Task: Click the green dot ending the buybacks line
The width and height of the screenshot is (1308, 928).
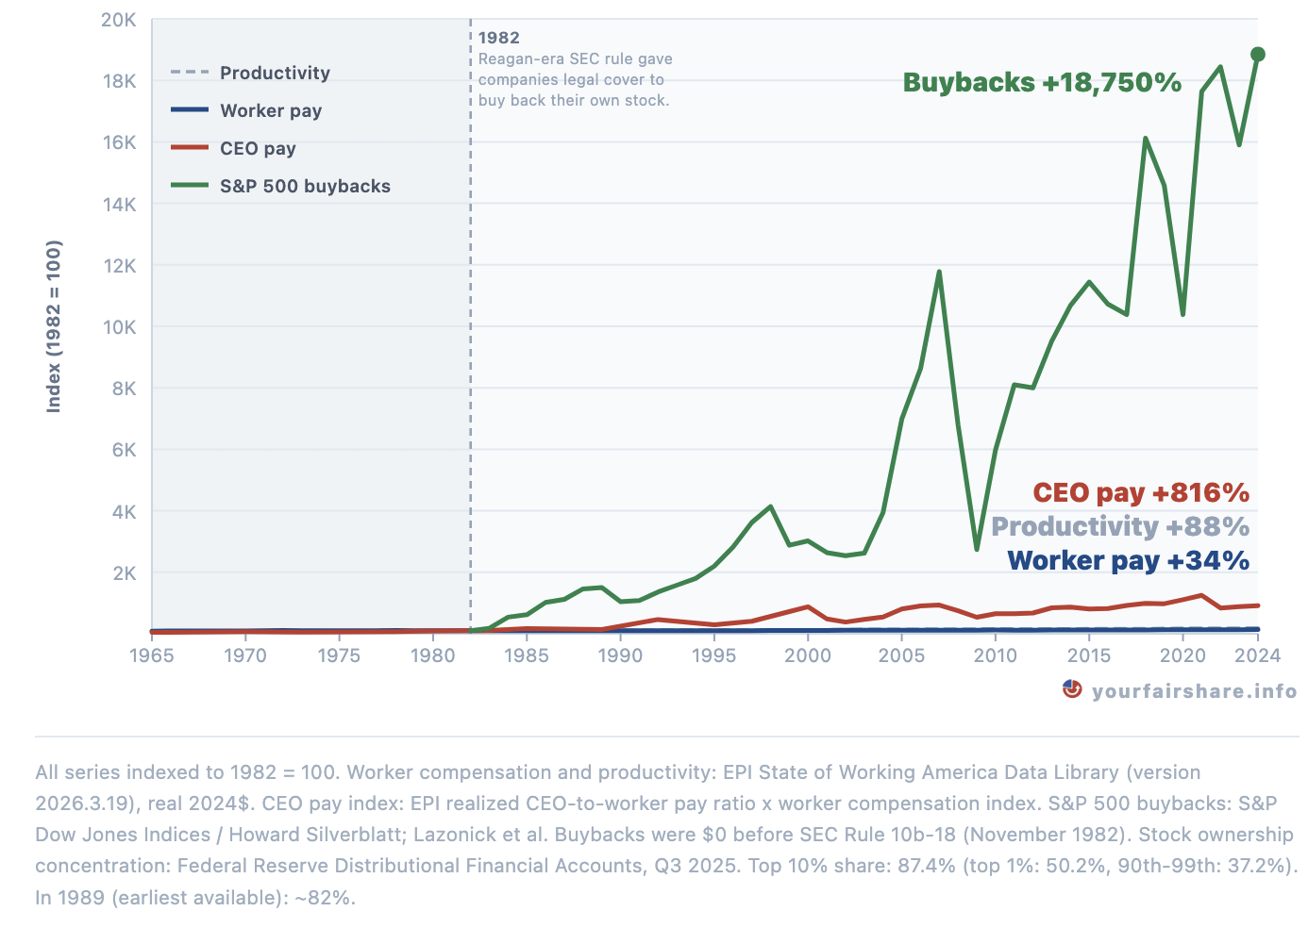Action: click(x=1257, y=55)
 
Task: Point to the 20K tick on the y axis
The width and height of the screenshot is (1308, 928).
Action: click(x=119, y=20)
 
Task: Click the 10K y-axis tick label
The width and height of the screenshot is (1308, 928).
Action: click(x=119, y=327)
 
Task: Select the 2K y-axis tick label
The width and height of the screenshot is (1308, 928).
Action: click(x=124, y=573)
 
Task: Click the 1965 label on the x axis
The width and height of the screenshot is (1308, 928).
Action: click(x=152, y=655)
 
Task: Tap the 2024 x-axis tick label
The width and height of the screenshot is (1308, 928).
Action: click(x=1257, y=655)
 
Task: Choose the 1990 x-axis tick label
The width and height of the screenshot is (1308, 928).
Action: click(x=620, y=655)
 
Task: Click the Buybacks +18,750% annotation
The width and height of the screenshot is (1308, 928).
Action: click(x=1042, y=83)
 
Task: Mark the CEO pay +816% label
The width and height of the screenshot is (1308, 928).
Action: click(x=1140, y=493)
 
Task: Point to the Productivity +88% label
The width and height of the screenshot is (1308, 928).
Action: click(x=1119, y=527)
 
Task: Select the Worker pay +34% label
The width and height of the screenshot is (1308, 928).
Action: click(x=1128, y=561)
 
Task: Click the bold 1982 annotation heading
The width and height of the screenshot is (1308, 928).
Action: click(x=499, y=38)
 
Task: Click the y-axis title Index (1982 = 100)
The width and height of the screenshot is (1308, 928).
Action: click(x=54, y=326)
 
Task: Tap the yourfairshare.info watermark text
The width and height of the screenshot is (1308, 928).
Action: click(x=1194, y=691)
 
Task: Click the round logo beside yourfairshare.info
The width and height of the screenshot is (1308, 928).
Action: click(x=1072, y=689)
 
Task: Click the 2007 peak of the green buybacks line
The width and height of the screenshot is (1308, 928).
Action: click(x=939, y=273)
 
